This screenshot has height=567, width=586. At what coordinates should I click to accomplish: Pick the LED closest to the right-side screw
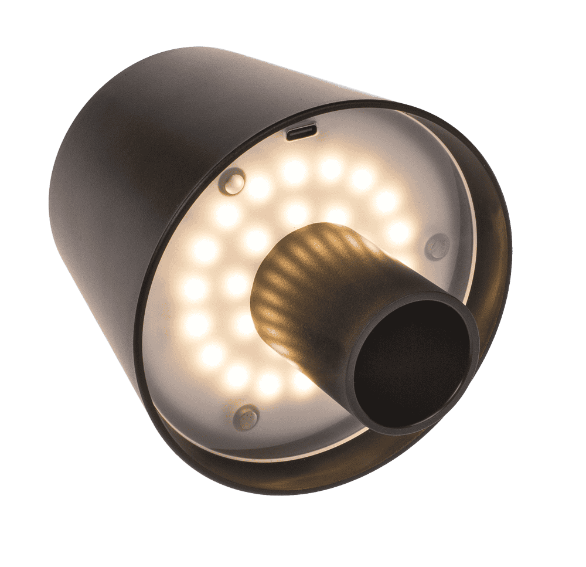pos(398,232)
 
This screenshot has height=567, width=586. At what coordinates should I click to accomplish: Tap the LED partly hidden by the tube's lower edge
pos(302,381)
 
